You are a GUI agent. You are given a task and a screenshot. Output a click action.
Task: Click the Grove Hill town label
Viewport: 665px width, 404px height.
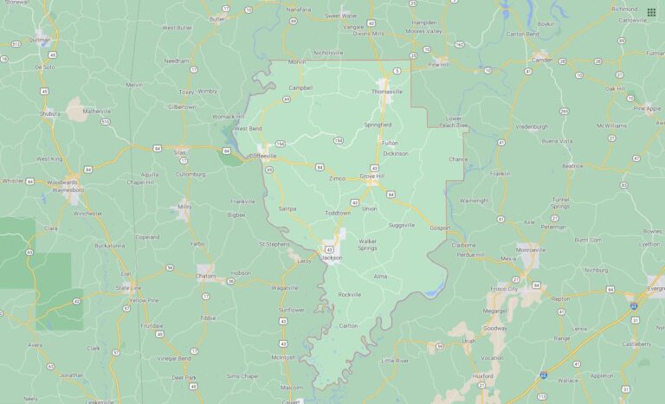[x=372, y=176]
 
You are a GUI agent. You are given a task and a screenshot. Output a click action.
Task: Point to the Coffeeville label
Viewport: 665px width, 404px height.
[x=262, y=156]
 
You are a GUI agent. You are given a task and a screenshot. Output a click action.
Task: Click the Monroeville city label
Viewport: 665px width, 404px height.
[x=531, y=249]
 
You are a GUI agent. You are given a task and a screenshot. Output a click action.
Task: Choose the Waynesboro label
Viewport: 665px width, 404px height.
[x=65, y=189]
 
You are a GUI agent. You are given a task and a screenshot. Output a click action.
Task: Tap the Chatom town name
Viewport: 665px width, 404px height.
[x=205, y=276]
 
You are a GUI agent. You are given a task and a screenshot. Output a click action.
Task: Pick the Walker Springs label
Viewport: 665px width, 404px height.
[x=368, y=244]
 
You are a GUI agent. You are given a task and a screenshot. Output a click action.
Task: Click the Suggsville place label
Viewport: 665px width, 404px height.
[x=402, y=225]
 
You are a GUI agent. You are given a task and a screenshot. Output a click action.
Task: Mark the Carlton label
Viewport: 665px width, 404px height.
[x=349, y=325]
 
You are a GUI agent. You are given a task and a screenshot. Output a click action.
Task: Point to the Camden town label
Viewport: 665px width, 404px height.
[x=542, y=60]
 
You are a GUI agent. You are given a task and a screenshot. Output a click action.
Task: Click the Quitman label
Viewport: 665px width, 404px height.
[x=39, y=39]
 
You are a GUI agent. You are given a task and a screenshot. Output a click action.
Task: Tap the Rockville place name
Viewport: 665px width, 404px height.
[x=350, y=294]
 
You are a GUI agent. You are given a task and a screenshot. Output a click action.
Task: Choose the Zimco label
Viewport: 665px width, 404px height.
[x=337, y=178]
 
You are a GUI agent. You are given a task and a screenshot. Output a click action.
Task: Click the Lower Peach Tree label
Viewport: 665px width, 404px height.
[x=453, y=121]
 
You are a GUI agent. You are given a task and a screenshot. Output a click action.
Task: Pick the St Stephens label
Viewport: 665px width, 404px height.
[x=274, y=244]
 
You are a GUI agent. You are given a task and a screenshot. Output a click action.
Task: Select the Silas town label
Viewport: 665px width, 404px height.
[x=180, y=151]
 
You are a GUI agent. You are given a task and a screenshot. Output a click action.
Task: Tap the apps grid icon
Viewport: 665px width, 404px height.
[x=651, y=12]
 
